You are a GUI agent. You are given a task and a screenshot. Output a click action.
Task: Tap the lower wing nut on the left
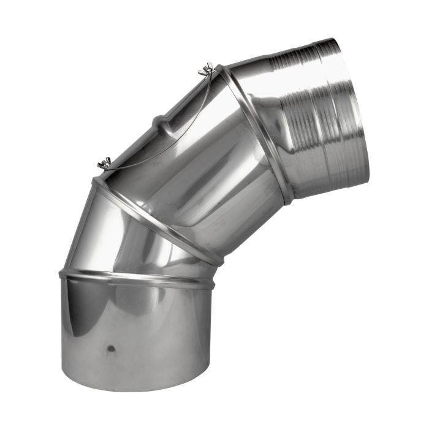click(104, 163)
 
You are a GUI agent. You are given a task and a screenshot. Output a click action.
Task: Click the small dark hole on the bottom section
click(111, 349)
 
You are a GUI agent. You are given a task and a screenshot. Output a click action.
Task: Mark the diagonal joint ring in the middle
click(153, 218)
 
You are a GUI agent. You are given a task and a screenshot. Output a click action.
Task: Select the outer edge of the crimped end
click(355, 110)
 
